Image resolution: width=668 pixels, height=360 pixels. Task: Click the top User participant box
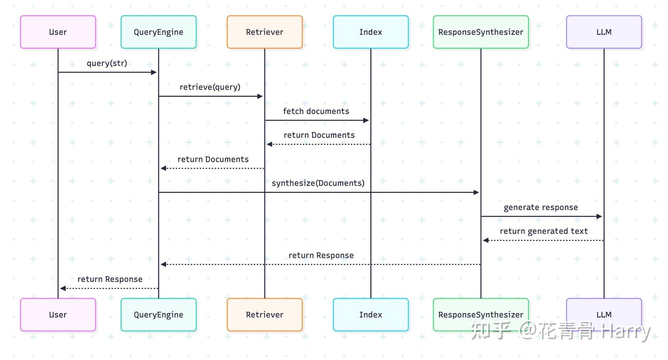click(58, 32)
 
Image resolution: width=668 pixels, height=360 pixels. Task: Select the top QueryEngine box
click(159, 32)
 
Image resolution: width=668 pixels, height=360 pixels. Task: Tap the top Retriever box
click(264, 32)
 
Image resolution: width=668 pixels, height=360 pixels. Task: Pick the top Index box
click(371, 32)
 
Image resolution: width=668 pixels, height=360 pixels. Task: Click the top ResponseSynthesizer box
click(481, 32)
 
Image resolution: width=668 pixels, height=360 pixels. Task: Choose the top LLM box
click(604, 32)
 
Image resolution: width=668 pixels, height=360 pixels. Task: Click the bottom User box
click(58, 315)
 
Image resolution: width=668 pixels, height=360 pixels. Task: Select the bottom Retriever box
click(264, 315)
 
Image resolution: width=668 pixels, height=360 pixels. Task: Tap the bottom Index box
click(371, 315)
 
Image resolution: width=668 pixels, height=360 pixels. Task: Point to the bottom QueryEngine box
click(159, 315)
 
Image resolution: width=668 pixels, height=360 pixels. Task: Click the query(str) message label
click(107, 63)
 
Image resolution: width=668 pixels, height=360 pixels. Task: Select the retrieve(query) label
click(210, 87)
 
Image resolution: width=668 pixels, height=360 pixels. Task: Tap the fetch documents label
click(316, 111)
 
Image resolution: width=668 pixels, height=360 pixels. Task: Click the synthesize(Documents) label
click(318, 183)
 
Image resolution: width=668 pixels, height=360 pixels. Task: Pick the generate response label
click(541, 207)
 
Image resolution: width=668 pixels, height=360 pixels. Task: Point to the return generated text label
click(544, 231)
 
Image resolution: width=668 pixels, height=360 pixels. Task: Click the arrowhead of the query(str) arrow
click(154, 72)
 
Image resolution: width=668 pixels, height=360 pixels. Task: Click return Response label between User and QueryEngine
click(110, 279)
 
